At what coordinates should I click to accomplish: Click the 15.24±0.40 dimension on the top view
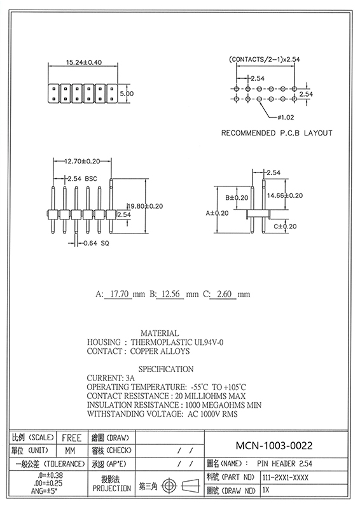pyautogui.click(x=84, y=62)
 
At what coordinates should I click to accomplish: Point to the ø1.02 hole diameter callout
pyautogui.click(x=286, y=117)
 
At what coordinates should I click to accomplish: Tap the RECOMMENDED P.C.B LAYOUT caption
pyautogui.click(x=277, y=133)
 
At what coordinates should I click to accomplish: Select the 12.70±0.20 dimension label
pyautogui.click(x=82, y=162)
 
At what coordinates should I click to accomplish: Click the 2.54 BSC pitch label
pyautogui.click(x=82, y=179)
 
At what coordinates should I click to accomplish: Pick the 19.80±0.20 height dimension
pyautogui.click(x=145, y=206)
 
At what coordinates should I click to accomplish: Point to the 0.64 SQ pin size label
pyautogui.click(x=96, y=243)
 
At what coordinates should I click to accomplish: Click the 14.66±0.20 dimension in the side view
pyautogui.click(x=285, y=195)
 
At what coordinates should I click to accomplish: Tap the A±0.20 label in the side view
pyautogui.click(x=217, y=213)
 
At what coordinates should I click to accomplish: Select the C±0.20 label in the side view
pyautogui.click(x=285, y=227)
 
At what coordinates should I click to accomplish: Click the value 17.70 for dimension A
pyautogui.click(x=120, y=294)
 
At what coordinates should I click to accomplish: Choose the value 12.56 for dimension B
pyautogui.click(x=170, y=294)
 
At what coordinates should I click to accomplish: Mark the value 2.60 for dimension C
pyautogui.click(x=224, y=294)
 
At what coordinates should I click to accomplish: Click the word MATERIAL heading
pyautogui.click(x=160, y=333)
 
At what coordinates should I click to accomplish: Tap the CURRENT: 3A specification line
pyautogui.click(x=111, y=378)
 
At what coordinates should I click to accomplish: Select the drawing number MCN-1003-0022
pyautogui.click(x=274, y=446)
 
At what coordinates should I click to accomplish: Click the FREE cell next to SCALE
pyautogui.click(x=72, y=438)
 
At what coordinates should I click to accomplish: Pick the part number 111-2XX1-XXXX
pyautogui.click(x=286, y=478)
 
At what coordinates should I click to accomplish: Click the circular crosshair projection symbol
pyautogui.click(x=169, y=486)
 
